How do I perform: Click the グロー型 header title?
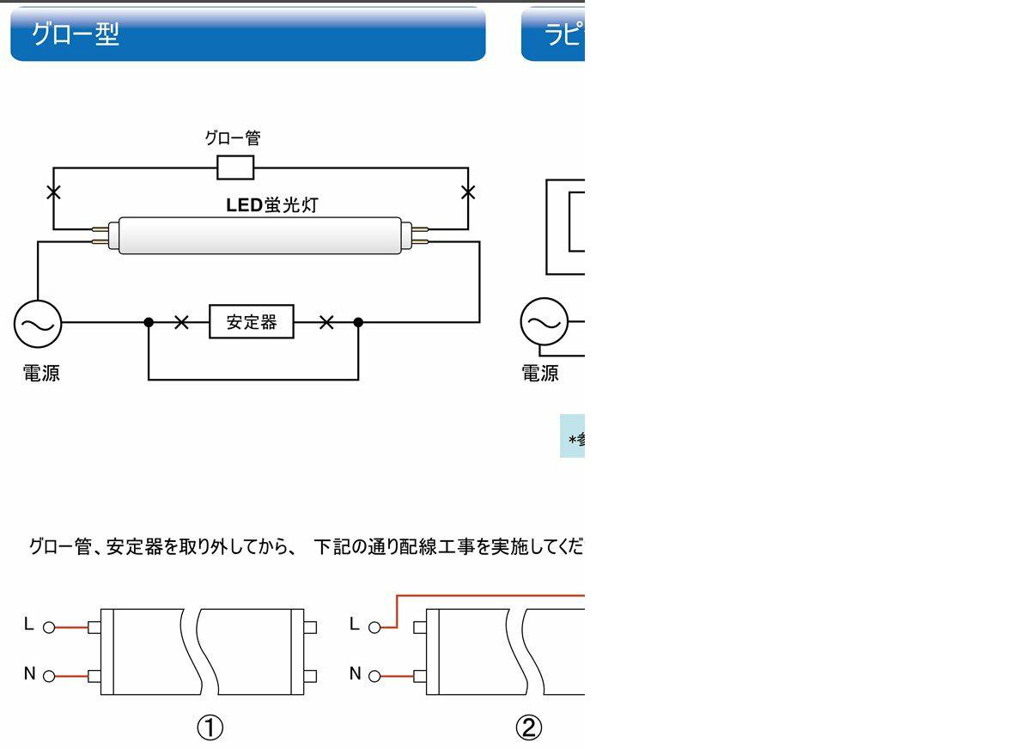tap(75, 34)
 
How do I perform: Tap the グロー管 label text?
tap(232, 137)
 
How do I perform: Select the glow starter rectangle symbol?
tap(235, 167)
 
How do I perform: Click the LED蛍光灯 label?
tap(272, 205)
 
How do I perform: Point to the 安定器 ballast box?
tap(252, 322)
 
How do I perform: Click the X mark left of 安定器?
tap(181, 322)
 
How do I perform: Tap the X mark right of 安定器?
tap(326, 322)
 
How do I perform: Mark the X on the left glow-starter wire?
tap(53, 192)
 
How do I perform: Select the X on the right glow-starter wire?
tap(468, 192)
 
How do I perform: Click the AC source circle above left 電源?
tap(38, 323)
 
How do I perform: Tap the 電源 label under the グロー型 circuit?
tap(41, 373)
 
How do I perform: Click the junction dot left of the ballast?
tap(149, 322)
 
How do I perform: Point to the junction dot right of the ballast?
tap(358, 322)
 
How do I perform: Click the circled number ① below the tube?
tap(210, 728)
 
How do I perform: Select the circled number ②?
tap(528, 728)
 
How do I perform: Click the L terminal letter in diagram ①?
tap(28, 625)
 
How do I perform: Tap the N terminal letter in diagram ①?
tap(29, 674)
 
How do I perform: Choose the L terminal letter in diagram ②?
tap(355, 625)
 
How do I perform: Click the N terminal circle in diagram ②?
tap(374, 677)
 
